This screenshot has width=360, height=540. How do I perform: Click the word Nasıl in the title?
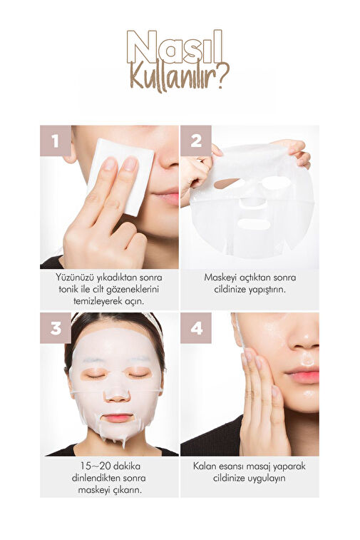pyautogui.click(x=175, y=47)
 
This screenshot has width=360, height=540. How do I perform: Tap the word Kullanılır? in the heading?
pyautogui.click(x=179, y=78)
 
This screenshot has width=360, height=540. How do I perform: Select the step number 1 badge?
pyautogui.click(x=56, y=141)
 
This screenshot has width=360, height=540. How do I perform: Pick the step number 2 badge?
pyautogui.click(x=196, y=141)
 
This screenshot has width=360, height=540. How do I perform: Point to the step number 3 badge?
pyautogui.click(x=56, y=328)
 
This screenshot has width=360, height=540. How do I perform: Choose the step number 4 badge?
pyautogui.click(x=196, y=328)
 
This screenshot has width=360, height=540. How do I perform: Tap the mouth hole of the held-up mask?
pyautogui.click(x=254, y=224)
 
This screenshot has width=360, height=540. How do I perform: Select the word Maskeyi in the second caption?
pyautogui.click(x=218, y=277)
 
